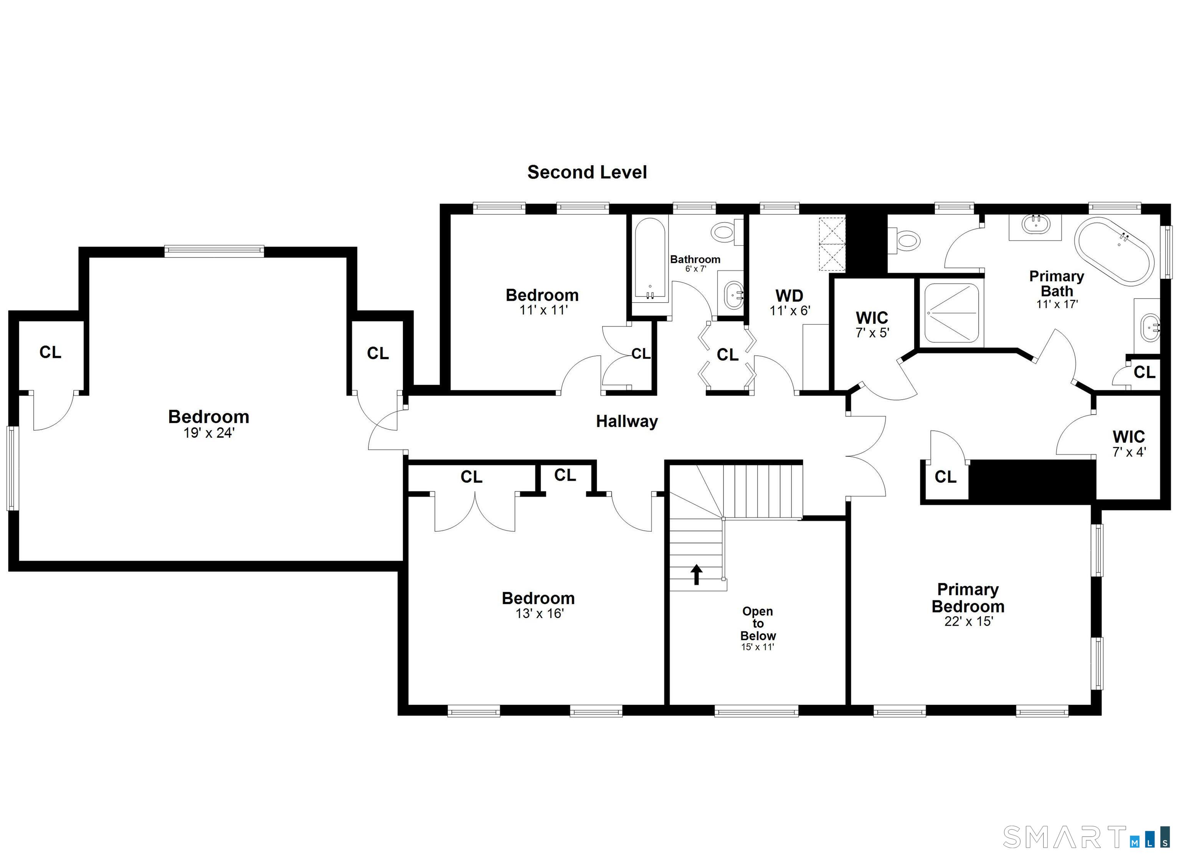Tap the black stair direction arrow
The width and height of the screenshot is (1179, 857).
(696, 575)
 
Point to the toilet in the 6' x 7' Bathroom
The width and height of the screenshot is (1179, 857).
(728, 231)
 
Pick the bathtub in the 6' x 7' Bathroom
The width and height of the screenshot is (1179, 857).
(650, 259)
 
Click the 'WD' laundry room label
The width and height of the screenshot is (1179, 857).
(789, 296)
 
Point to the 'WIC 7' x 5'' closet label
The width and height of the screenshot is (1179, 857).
(872, 324)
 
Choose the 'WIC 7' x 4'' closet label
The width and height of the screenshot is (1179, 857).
(1129, 443)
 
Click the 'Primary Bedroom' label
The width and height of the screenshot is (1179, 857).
(968, 598)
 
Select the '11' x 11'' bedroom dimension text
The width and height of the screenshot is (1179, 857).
(543, 310)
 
